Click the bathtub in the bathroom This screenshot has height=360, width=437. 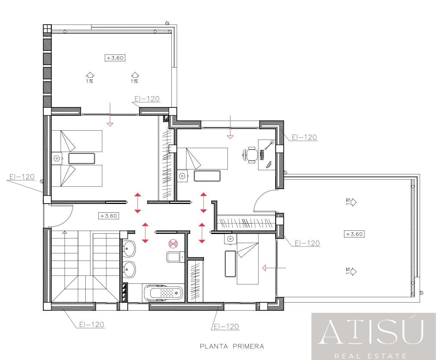(163, 293)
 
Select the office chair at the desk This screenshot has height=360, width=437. (250, 155)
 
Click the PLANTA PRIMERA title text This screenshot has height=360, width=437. (232, 347)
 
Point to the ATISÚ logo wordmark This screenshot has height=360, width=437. (371, 332)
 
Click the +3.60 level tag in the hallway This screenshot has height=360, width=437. (109, 216)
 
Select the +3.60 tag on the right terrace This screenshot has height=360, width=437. (354, 234)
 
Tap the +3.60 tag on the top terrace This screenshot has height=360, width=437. (115, 58)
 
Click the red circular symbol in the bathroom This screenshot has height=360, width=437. (173, 244)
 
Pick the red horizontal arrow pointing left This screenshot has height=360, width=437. (274, 268)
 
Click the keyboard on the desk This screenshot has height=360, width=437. (262, 155)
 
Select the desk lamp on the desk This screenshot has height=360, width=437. (269, 145)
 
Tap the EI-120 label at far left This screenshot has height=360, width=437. (22, 177)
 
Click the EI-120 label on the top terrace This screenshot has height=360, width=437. (147, 99)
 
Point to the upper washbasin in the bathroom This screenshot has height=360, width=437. (129, 249)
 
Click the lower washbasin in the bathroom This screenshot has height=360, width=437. (129, 269)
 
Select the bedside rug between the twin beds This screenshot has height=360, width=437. (82, 159)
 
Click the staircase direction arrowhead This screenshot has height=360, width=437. (65, 232)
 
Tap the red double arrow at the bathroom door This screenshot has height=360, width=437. (145, 233)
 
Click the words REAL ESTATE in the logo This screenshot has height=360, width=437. (371, 356)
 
